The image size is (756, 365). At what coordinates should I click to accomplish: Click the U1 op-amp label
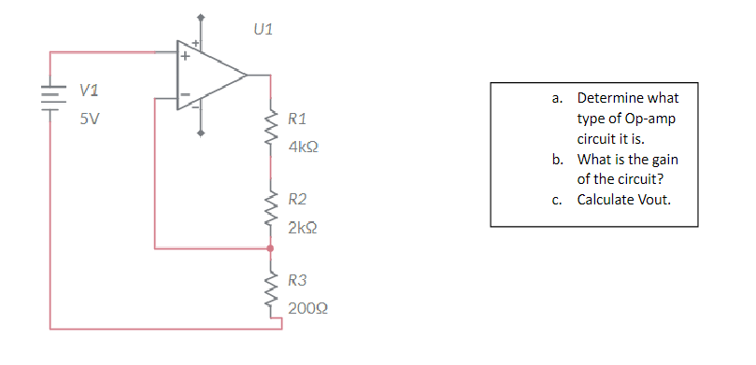264,30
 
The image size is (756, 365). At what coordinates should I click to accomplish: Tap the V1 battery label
91,91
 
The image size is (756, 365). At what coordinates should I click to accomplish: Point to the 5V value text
91,119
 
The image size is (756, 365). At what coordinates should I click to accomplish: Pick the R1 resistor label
297,119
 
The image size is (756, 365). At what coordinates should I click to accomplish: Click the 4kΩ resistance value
305,147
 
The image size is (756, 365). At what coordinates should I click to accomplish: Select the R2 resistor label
297,199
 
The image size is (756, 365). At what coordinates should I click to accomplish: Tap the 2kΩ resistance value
305,227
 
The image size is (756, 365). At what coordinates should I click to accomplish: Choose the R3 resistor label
297,279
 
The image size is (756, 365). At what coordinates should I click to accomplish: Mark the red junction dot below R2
271,249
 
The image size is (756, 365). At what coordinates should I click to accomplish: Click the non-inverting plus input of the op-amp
184,56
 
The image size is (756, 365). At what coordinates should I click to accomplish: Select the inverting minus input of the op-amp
184,94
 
